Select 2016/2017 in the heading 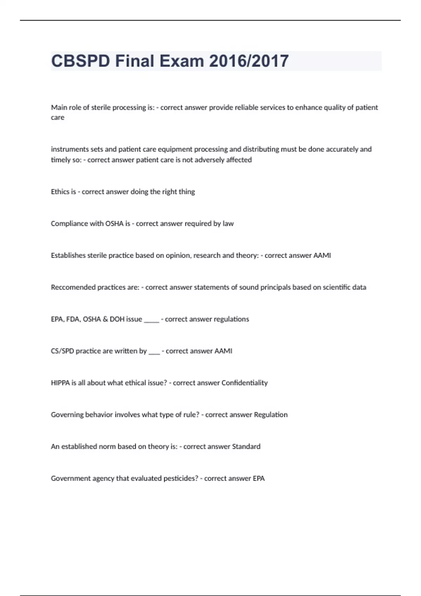pos(249,61)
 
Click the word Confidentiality pos(245,383)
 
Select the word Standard pos(246,447)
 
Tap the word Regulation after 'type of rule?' pos(270,415)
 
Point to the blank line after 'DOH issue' pos(152,321)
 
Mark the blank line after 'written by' pos(154,353)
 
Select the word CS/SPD pos(62,351)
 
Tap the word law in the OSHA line pos(228,224)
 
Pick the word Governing pos(67,415)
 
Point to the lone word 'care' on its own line pos(58,117)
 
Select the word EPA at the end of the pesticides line pos(259,479)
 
